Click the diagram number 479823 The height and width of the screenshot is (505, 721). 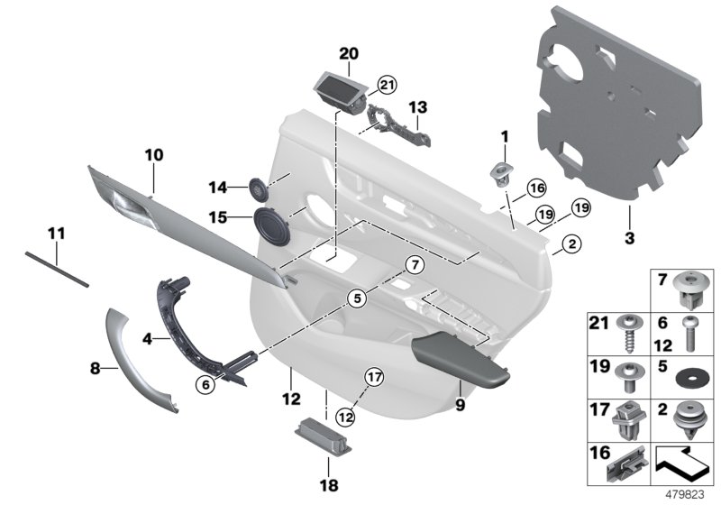694,493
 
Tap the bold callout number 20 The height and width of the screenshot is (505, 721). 348,53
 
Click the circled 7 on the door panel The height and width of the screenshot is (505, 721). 413,265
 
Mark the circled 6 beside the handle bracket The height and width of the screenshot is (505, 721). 207,383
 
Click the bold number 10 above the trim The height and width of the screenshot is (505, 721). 153,155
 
